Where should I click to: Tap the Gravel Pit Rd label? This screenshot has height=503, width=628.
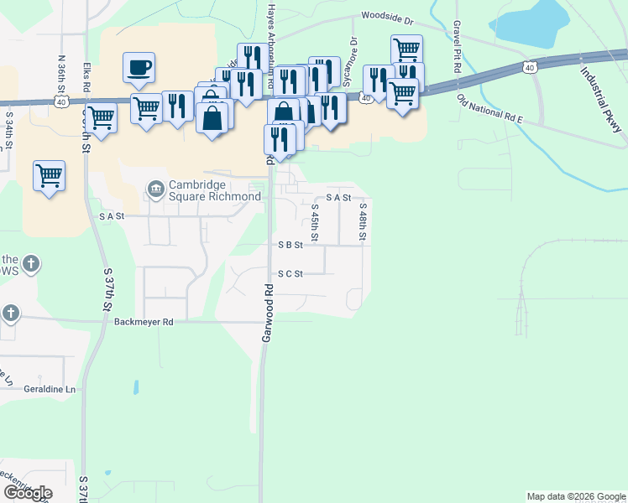(457, 48)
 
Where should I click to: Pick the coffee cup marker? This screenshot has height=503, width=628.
(139, 66)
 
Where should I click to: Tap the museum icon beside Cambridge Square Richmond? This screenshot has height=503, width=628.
(155, 190)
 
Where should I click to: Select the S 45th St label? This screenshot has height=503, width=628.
(314, 222)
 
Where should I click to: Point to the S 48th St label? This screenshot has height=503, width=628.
(362, 222)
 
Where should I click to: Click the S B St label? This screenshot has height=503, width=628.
(290, 246)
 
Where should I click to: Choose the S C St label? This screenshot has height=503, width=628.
(290, 273)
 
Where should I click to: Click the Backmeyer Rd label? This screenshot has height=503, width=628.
(144, 321)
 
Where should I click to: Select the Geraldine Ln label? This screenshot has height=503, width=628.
(49, 390)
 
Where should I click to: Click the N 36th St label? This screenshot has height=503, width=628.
(61, 75)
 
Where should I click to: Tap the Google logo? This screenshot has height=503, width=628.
(28, 492)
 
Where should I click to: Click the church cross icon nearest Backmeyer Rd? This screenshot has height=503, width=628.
(10, 314)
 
